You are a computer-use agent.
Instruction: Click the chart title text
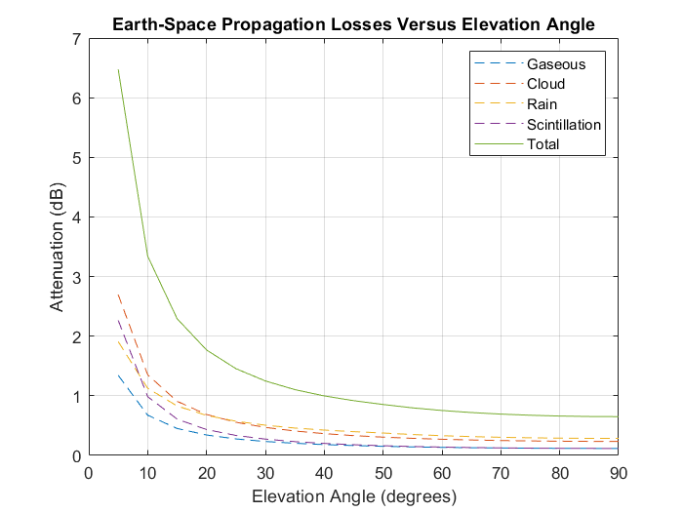[352, 22]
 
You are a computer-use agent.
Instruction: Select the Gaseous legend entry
[556, 64]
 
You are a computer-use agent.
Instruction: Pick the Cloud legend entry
[545, 85]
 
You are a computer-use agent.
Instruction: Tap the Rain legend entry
[542, 104]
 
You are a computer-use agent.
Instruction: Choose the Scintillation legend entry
[564, 125]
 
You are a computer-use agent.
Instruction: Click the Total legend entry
[542, 144]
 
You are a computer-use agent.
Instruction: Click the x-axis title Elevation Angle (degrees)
[353, 496]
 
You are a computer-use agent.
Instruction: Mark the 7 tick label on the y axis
[76, 39]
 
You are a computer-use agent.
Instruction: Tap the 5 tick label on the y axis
[76, 158]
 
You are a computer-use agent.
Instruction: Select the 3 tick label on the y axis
[76, 277]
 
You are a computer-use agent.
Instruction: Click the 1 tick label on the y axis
[76, 396]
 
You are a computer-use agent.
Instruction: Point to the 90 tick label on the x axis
[618, 473]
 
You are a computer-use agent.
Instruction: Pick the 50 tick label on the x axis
[382, 473]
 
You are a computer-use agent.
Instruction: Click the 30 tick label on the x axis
[264, 473]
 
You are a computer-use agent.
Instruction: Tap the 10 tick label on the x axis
[147, 473]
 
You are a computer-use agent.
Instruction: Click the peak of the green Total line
[118, 70]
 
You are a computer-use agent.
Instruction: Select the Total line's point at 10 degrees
[147, 256]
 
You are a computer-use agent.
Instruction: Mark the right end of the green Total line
[618, 417]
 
